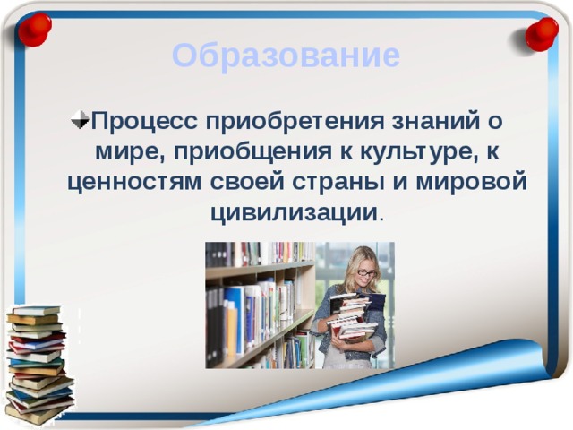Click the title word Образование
click(x=286, y=56)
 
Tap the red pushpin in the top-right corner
click(x=541, y=34)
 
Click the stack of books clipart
click(x=38, y=363)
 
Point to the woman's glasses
click(x=365, y=272)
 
